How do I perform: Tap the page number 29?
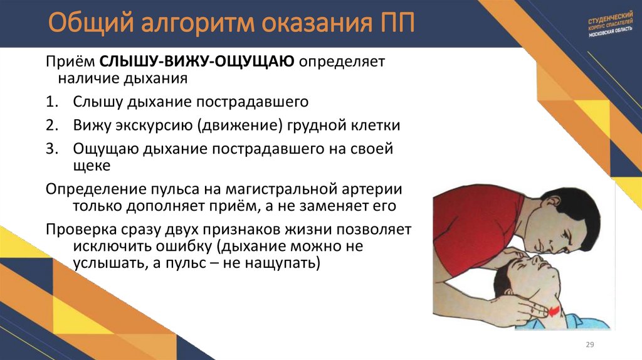click(589, 344)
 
